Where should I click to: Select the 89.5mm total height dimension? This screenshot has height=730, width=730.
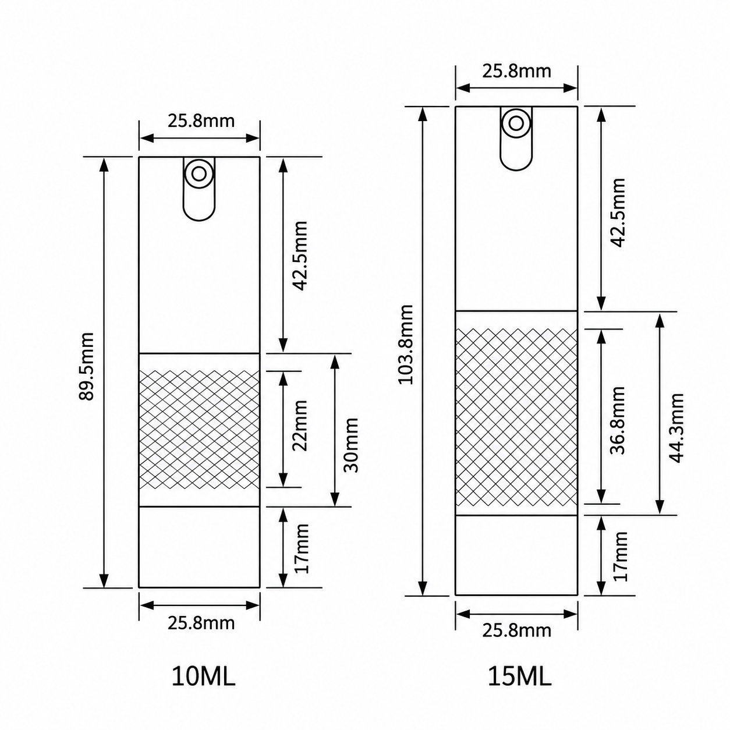coord(86,366)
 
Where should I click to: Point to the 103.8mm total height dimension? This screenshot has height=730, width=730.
coord(406,345)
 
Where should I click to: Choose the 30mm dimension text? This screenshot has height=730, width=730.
coord(350,445)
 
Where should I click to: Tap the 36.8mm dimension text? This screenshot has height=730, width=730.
coord(618,420)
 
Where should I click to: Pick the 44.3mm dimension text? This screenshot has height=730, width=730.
coord(676,428)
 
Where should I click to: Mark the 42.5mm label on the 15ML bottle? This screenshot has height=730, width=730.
coord(618,213)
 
